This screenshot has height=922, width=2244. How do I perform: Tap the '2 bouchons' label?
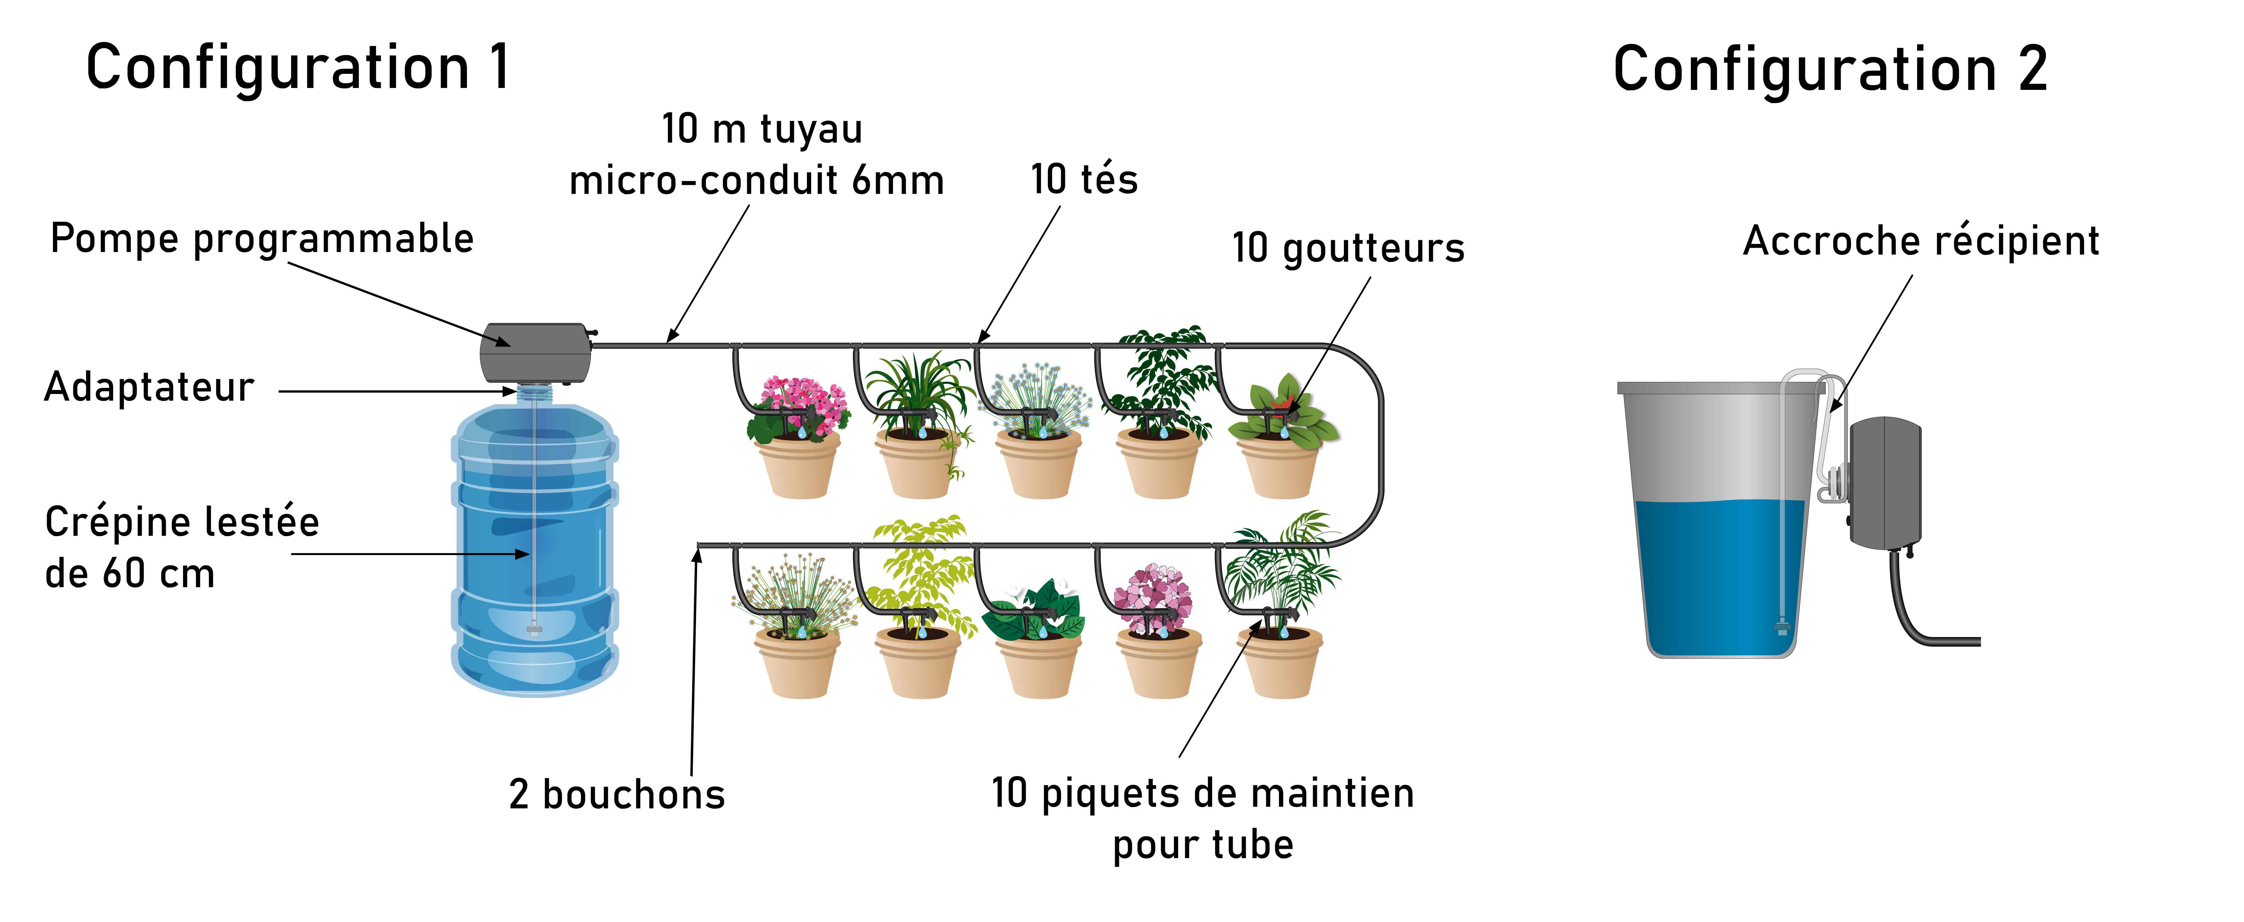[x=617, y=794]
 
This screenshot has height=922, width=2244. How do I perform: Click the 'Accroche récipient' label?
[x=1921, y=240]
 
